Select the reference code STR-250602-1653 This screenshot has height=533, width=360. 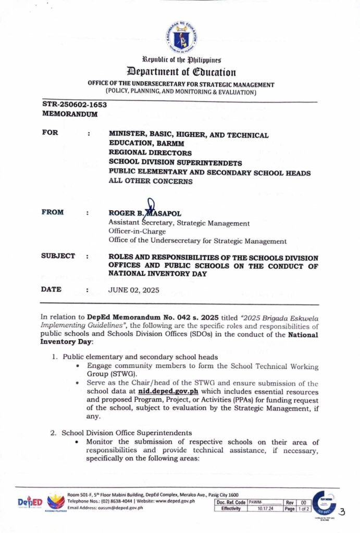(75, 105)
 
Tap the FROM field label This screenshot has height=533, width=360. (53, 212)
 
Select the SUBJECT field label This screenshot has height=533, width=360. (58, 256)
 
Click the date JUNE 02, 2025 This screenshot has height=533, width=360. (134, 290)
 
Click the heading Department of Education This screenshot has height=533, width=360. (180, 72)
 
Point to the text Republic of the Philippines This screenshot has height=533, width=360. (180, 60)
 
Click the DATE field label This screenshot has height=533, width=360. (51, 289)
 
